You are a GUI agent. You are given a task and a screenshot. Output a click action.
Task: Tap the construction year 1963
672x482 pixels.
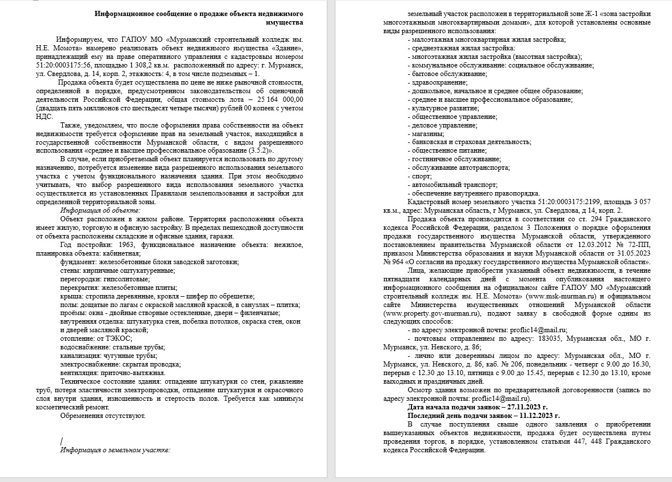click(114, 245)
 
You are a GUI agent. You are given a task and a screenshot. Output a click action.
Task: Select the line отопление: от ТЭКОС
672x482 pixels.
click(96, 338)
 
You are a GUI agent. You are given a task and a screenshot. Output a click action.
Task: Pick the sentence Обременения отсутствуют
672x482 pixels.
click(103, 416)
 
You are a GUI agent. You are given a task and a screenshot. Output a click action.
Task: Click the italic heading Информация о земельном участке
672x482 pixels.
click(115, 450)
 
